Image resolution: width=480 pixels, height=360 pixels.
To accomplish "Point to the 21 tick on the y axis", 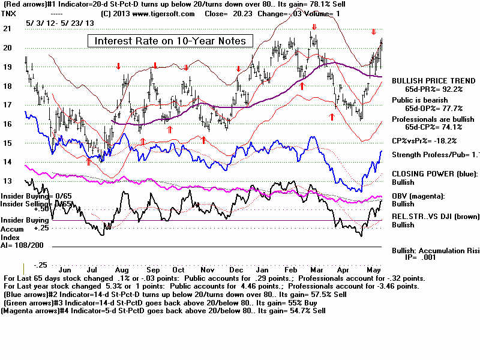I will click(7, 28).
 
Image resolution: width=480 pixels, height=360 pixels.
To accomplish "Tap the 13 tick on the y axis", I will click(7, 181).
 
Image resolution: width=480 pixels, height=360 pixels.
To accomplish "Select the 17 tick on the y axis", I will click(7, 105).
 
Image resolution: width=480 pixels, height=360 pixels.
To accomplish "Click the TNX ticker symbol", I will click(10, 12).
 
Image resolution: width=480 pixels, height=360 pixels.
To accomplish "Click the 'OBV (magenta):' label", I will click(418, 196).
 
